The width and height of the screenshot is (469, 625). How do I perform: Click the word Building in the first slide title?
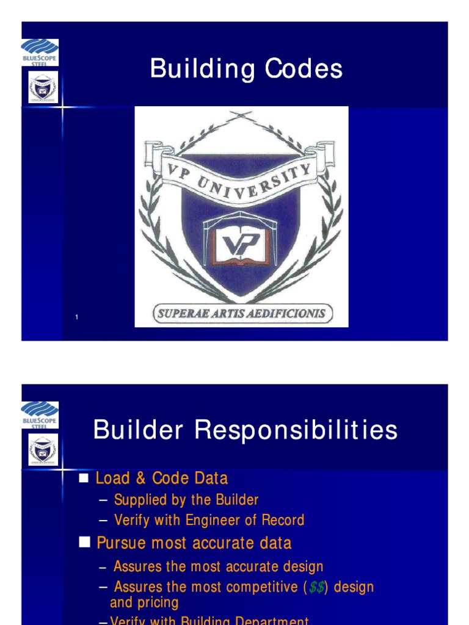coord(202,69)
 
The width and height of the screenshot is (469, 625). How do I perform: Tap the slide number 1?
coord(77,317)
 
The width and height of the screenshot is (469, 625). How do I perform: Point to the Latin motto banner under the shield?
coord(242,314)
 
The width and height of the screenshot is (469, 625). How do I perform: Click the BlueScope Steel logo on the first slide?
coord(40,52)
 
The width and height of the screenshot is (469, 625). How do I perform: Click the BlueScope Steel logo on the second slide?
coord(40,415)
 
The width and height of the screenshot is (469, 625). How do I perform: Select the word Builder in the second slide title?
coord(138,430)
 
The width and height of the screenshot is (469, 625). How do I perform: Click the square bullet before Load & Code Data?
coord(85,478)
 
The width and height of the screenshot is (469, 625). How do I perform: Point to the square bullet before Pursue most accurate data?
coord(85,543)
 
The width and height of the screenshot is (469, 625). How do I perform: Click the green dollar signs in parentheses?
coord(317,587)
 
